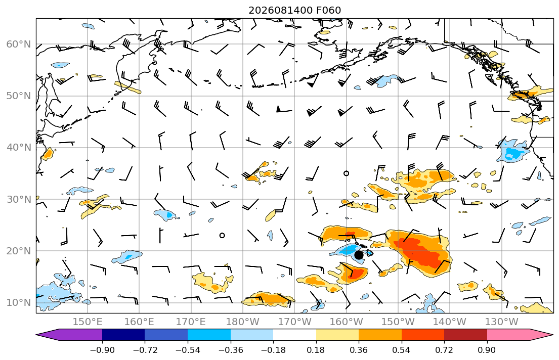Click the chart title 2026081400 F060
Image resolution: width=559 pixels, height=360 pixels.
(294, 10)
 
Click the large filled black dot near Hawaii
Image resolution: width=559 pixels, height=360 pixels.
(359, 255)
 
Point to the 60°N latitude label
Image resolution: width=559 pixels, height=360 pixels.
(19, 44)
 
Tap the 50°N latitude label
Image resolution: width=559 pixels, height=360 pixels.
(19, 96)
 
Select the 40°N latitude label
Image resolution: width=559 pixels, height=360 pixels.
(19, 148)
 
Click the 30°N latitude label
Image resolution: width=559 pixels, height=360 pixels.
(19, 199)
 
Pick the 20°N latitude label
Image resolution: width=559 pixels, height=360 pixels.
(19, 251)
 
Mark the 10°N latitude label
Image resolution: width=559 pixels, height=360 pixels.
(19, 303)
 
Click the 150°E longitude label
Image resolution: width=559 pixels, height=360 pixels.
(88, 322)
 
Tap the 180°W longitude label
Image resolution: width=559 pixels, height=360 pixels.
(243, 322)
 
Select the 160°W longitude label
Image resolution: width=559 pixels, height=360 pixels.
(347, 322)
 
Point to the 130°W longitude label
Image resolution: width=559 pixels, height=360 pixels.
(502, 322)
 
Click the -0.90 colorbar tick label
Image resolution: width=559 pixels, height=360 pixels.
(102, 350)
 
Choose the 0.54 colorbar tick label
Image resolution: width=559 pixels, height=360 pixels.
(402, 350)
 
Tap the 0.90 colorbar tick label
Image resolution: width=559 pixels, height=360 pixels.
(487, 350)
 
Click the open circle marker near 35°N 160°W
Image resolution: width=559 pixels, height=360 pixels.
(346, 173)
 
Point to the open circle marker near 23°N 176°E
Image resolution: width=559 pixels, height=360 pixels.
(222, 235)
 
